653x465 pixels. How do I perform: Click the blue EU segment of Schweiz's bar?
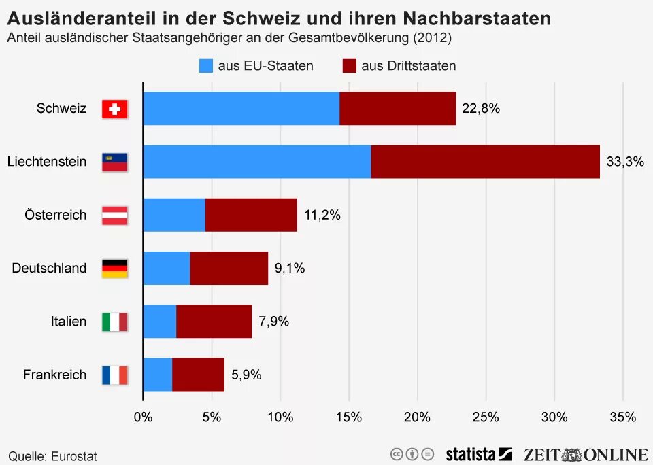(x=241, y=109)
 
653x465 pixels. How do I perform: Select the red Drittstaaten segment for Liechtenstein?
(x=485, y=162)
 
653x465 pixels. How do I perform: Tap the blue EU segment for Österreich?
(x=174, y=215)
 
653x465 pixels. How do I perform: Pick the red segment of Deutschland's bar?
(x=229, y=268)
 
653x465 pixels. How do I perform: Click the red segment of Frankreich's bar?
(x=198, y=375)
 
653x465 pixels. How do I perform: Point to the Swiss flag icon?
(x=114, y=109)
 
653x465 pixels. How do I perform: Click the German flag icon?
(x=114, y=269)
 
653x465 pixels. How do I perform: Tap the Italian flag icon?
(x=114, y=322)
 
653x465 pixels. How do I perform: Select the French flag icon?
(x=114, y=375)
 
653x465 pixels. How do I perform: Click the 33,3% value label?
(x=624, y=162)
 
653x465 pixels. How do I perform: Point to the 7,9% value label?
(x=273, y=322)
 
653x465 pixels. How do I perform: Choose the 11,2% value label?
(x=322, y=215)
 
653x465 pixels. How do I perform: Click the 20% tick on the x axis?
(x=417, y=417)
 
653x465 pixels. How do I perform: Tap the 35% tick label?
(x=622, y=417)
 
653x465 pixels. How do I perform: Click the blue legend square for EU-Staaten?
(x=206, y=66)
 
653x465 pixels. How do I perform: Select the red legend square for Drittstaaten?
(x=350, y=66)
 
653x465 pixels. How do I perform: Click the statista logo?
(x=478, y=454)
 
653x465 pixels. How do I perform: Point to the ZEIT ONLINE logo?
(x=586, y=454)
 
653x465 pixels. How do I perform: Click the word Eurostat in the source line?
(x=74, y=456)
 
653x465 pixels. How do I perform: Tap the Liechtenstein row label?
(x=47, y=162)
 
